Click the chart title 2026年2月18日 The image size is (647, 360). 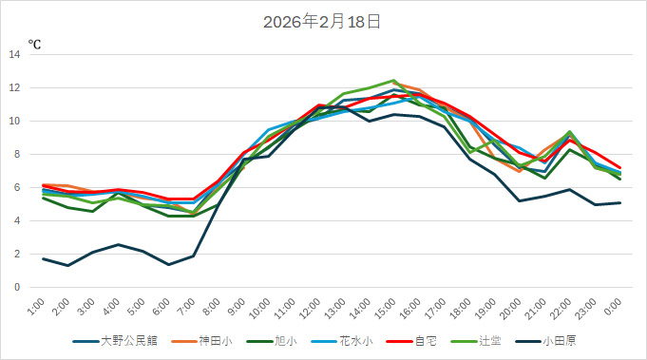click(x=322, y=22)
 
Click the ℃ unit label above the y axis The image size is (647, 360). click(x=34, y=44)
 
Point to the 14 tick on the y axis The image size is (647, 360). click(x=14, y=54)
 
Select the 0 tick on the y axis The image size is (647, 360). click(x=17, y=287)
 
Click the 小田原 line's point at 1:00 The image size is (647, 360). click(x=44, y=258)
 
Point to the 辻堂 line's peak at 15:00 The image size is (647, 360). click(x=393, y=81)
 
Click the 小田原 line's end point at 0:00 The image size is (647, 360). click(x=620, y=202)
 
